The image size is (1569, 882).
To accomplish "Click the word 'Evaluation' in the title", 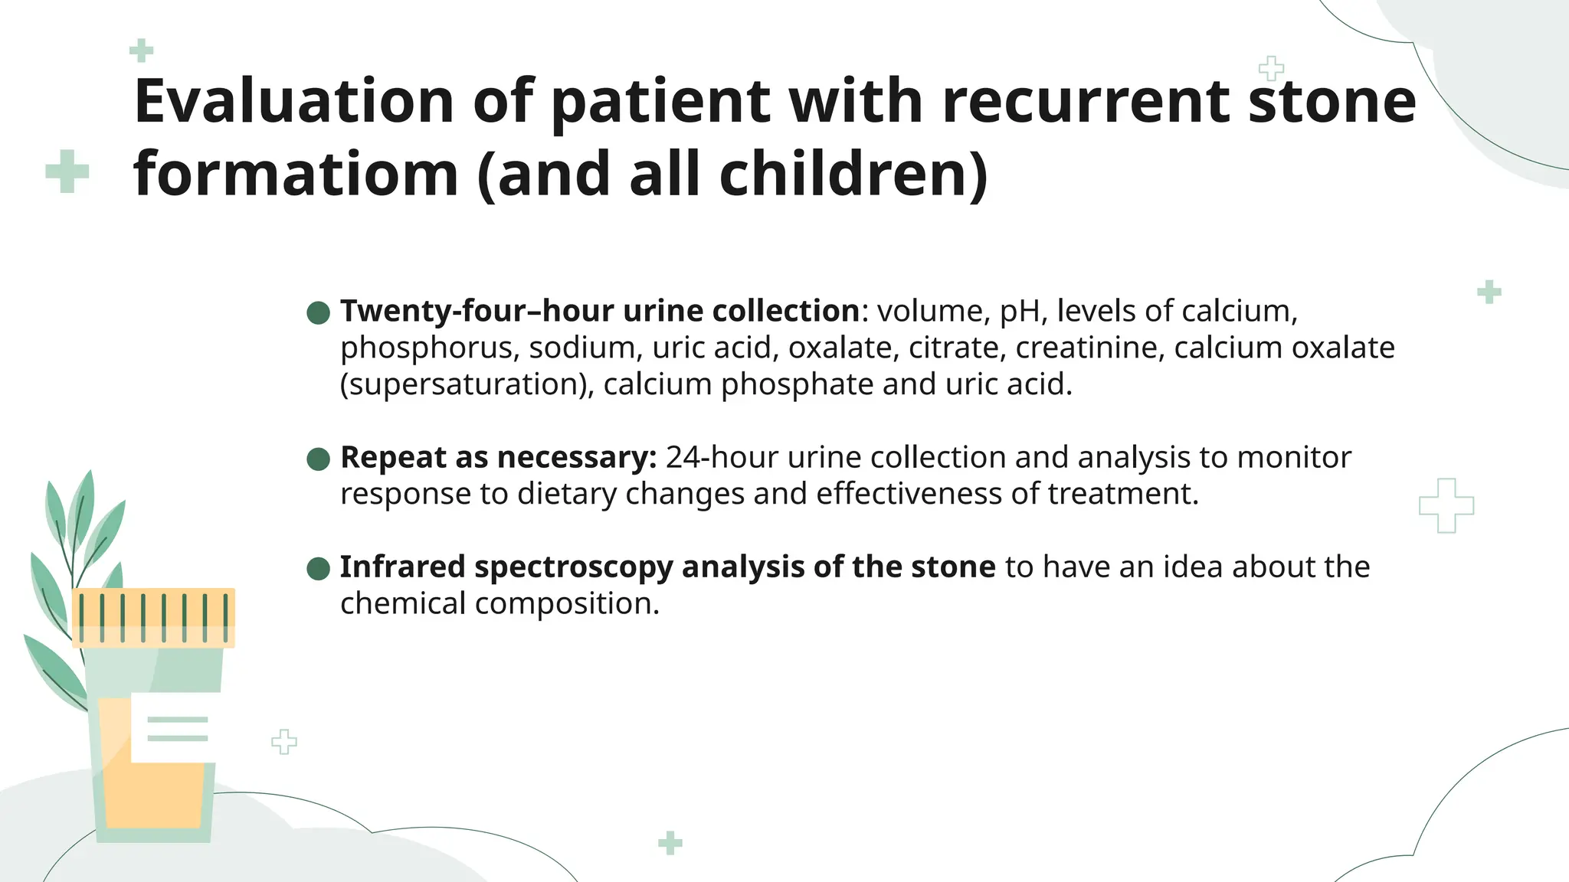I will pos(294,101).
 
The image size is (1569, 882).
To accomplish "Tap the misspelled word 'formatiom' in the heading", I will pos(296,175).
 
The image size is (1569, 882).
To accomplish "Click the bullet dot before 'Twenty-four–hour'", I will pos(318,312).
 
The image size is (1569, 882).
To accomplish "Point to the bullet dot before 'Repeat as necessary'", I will pos(318,459).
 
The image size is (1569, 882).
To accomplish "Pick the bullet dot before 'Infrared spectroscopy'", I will pos(318,569).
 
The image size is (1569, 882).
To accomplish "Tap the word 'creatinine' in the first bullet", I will pos(1089,348).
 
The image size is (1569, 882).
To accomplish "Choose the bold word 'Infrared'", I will pos(402,567).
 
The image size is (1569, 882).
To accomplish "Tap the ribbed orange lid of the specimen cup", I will pos(153,617).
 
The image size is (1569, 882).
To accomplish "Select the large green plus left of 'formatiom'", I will pos(67,171).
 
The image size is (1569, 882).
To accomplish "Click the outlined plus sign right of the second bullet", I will pos(1446,505).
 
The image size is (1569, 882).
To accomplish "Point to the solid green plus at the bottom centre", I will pos(670,843).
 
